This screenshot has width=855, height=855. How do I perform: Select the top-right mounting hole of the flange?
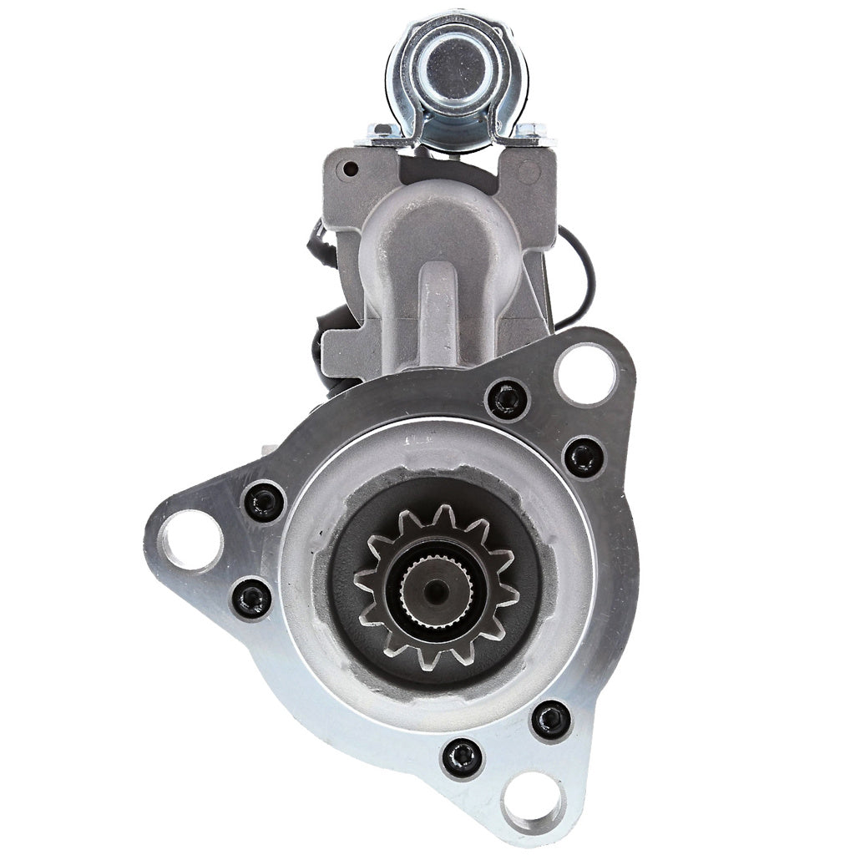pyautogui.click(x=584, y=373)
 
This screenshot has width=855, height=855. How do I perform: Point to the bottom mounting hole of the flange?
pyautogui.click(x=532, y=801)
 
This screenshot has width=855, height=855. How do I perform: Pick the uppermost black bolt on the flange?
pyautogui.click(x=507, y=399)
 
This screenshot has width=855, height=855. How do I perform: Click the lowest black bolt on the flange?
pyautogui.click(x=462, y=757)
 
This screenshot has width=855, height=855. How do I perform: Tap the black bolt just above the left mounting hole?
pyautogui.click(x=264, y=501)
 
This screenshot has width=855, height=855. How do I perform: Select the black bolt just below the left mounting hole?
pyautogui.click(x=250, y=597)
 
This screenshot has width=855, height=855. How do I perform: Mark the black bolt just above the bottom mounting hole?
pyautogui.click(x=551, y=719)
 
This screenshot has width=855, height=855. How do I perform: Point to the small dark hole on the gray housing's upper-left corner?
pyautogui.click(x=351, y=169)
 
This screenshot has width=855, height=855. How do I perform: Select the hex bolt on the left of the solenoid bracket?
pyautogui.click(x=382, y=131)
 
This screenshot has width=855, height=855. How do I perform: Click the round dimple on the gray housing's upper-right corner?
pyautogui.click(x=529, y=173)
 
